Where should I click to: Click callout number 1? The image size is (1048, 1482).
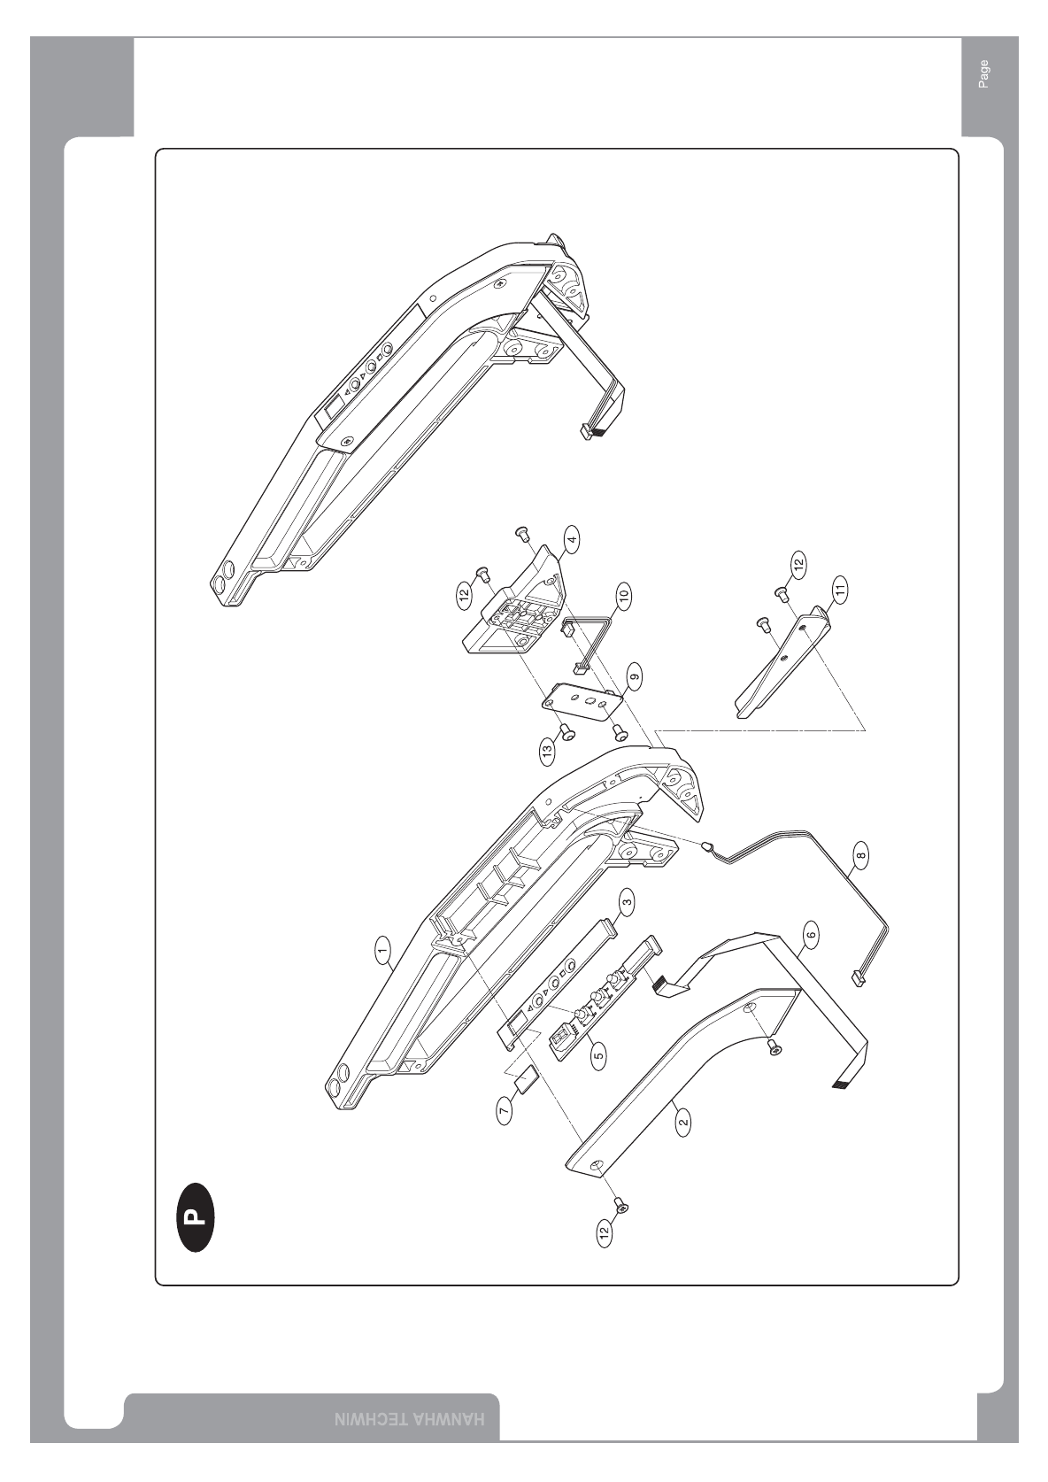click(x=382, y=952)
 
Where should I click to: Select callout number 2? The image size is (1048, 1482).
click(x=682, y=1123)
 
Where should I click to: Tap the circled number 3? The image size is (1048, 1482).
click(x=626, y=902)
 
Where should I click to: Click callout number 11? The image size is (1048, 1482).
click(x=839, y=587)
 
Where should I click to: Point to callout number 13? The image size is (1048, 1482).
click(x=547, y=753)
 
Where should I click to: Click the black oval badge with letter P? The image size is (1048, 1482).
click(x=194, y=1216)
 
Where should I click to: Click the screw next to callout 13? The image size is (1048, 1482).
click(x=566, y=731)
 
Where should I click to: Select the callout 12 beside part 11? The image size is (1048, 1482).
click(x=798, y=564)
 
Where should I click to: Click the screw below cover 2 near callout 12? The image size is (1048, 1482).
click(x=620, y=1206)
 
